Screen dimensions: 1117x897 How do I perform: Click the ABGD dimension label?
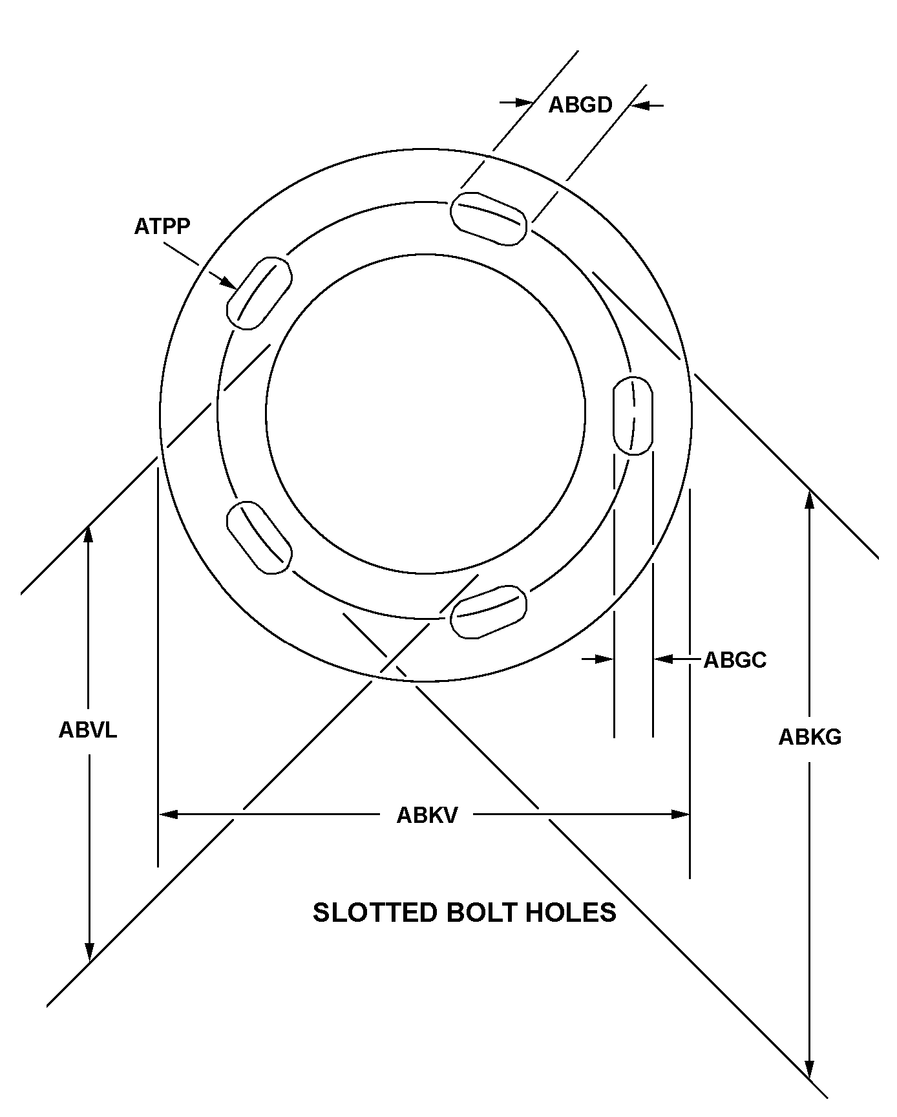[580, 105]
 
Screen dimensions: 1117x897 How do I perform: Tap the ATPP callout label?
[162, 227]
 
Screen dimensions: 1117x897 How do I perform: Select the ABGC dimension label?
[735, 660]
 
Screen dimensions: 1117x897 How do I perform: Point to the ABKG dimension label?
[810, 737]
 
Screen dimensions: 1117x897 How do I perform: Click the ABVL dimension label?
[88, 730]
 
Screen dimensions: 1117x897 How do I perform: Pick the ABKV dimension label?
[427, 815]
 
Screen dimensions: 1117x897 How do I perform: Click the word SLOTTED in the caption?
[374, 913]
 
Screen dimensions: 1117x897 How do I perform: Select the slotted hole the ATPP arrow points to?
[259, 293]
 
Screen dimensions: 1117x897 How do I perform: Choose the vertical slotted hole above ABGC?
[633, 416]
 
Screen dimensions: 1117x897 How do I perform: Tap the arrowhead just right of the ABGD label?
[638, 105]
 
